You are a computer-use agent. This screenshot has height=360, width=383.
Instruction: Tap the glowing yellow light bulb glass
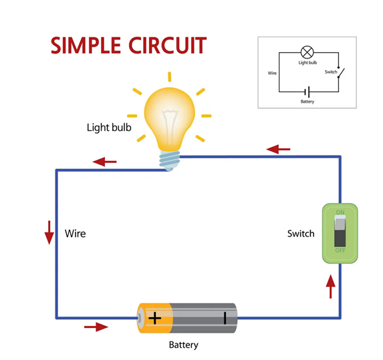[x=170, y=117]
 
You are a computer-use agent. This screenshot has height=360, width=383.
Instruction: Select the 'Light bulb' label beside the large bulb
[x=109, y=127]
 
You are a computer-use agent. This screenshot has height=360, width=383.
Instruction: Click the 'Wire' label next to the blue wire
[x=75, y=234]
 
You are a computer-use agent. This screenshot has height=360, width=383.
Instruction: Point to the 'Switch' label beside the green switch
[x=301, y=234]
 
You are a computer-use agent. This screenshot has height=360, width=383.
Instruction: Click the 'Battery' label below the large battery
[x=184, y=345]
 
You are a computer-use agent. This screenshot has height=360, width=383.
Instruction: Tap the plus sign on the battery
[x=155, y=317]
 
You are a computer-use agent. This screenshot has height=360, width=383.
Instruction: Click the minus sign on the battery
[x=225, y=317]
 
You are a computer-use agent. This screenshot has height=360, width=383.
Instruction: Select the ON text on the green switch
[x=340, y=213]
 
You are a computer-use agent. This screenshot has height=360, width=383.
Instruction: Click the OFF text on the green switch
[x=340, y=250]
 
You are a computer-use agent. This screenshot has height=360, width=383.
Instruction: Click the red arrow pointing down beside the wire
[x=49, y=232]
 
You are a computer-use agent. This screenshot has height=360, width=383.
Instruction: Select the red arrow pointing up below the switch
[x=330, y=287]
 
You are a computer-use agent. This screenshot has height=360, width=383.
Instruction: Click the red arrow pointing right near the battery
[x=96, y=327]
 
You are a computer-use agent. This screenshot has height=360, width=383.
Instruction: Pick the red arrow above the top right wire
[x=278, y=148]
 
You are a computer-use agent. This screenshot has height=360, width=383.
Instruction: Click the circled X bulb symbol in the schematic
[x=307, y=51]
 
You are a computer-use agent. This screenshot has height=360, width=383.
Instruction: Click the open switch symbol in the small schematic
[x=340, y=72]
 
